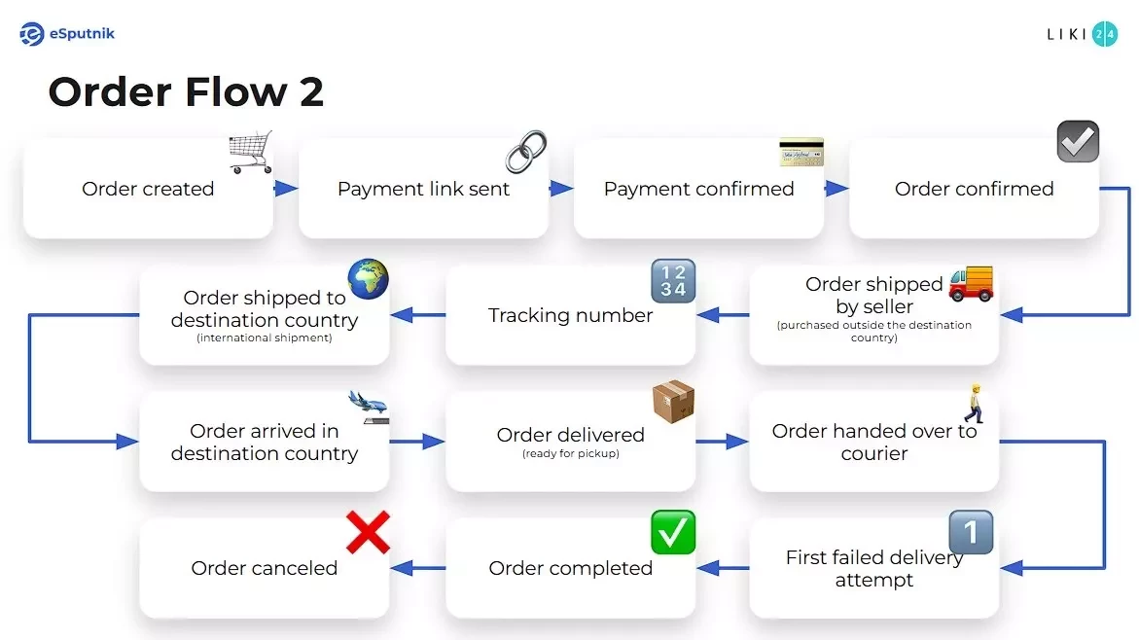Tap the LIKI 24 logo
[x=1081, y=34]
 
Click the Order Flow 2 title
[x=186, y=92]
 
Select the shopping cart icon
[x=250, y=152]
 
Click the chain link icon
[x=526, y=152]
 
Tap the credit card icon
[x=801, y=152]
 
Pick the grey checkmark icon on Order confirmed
[x=1078, y=142]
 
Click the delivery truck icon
[x=971, y=282]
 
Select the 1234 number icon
[x=673, y=280]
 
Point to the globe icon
[x=369, y=279]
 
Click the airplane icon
[x=369, y=406]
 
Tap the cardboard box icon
[x=673, y=403]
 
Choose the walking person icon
[x=973, y=403]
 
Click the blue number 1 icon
[x=971, y=532]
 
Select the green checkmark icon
[x=673, y=532]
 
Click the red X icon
[x=369, y=532]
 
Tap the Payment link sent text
[x=423, y=189]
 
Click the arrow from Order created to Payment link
[x=285, y=189]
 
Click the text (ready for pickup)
[x=570, y=453]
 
